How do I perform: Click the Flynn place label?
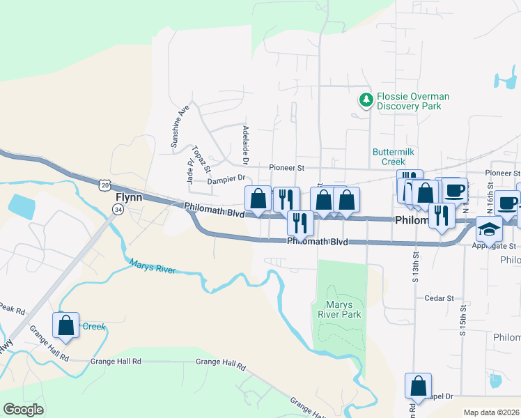click(x=128, y=197)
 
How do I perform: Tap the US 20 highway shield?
click(x=104, y=185)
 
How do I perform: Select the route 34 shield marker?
click(x=118, y=210)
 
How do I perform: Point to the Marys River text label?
click(x=153, y=266)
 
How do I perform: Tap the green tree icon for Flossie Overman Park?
click(x=366, y=100)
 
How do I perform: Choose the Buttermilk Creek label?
click(x=394, y=156)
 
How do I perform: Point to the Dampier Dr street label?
click(x=228, y=180)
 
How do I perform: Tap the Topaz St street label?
click(x=201, y=160)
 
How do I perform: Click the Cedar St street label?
click(x=439, y=297)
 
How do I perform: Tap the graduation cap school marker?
click(x=489, y=229)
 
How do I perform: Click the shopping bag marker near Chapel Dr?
click(x=418, y=385)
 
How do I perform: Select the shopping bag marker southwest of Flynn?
click(x=65, y=325)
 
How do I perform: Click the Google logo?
click(x=24, y=410)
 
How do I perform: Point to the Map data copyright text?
click(x=491, y=412)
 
